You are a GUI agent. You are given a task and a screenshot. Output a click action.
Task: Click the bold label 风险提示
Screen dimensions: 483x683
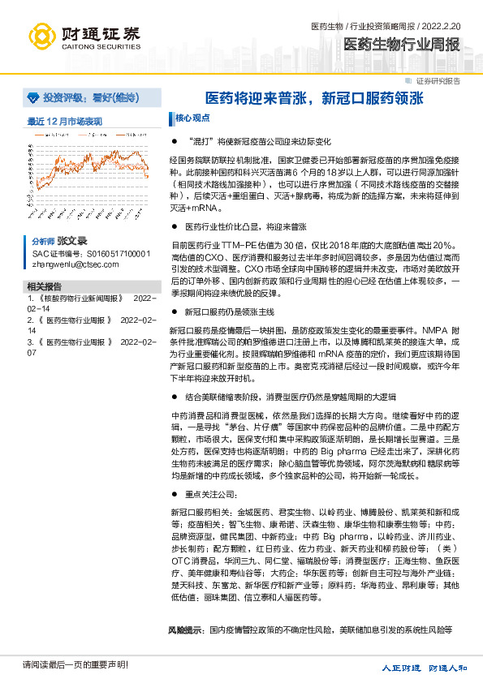pyautogui.click(x=184, y=629)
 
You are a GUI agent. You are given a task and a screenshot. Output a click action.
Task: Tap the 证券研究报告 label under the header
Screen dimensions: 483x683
pyautogui.click(x=438, y=81)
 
